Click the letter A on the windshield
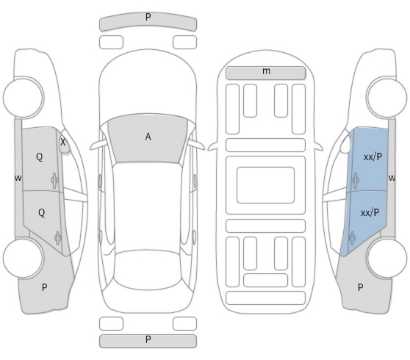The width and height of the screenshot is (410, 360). point(148,137)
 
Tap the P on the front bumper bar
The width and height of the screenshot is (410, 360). point(148,17)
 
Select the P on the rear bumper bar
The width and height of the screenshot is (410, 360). point(148,339)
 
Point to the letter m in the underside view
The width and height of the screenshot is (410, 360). point(266,71)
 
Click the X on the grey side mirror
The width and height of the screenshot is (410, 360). point(62,142)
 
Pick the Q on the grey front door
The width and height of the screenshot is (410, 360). point(39,157)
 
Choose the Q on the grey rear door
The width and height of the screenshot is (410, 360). point(42,212)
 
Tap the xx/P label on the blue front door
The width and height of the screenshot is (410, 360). point(373,157)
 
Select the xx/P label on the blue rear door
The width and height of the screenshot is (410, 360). point(370,213)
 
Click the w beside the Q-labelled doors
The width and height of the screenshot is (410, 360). point(18,178)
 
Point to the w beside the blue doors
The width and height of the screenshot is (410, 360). point(392,178)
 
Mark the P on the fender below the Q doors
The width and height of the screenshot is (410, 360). point(44,287)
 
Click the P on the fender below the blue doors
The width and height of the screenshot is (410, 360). point(360,287)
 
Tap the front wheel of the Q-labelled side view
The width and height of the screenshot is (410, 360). point(24,97)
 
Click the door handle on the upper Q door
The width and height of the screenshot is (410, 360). point(54,180)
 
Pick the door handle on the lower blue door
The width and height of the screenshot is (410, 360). point(352,238)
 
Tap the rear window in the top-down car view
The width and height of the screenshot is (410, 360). point(148,270)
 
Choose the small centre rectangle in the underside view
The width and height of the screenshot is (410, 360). point(266,185)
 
